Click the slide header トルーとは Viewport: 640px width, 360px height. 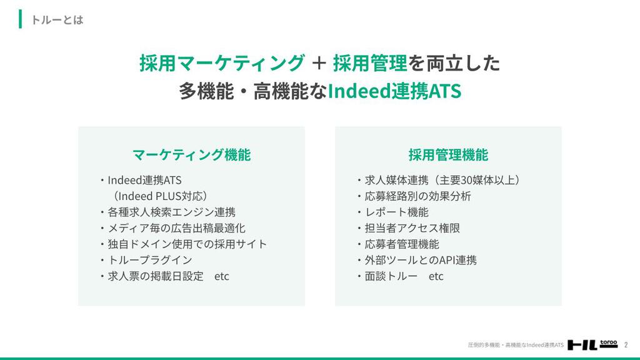tap(57, 19)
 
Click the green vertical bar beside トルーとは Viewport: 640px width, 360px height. tap(21, 19)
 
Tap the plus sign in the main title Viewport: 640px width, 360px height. tap(318, 63)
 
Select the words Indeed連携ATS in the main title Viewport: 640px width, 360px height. tap(394, 91)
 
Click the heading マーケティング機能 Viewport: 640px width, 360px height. tap(191, 155)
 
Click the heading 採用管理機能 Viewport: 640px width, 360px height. tap(448, 155)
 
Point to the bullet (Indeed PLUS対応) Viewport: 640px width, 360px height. tap(160, 196)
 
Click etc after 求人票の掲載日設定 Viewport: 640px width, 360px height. tap(222, 276)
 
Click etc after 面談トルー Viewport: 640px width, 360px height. tap(436, 276)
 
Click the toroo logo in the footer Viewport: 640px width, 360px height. tap(592, 345)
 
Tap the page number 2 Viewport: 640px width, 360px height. tap(626, 345)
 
